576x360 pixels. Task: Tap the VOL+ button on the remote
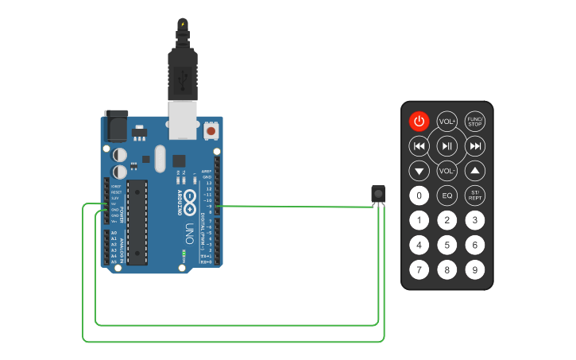coord(447,122)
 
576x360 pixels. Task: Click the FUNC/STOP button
coord(474,122)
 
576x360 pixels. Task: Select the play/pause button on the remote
coord(447,146)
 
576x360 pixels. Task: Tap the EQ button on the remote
coord(447,195)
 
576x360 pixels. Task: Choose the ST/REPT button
coord(474,195)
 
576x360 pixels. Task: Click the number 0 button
coord(419,195)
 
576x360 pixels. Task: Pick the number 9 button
coord(474,269)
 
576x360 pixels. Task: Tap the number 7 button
coord(419,269)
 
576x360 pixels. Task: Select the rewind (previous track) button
coord(419,146)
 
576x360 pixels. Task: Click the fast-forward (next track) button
coord(474,146)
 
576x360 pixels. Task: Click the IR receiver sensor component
coord(378,193)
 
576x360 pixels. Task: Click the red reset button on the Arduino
coord(211,130)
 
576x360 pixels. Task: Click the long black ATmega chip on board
coord(137,221)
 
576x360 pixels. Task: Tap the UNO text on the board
coord(189,234)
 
